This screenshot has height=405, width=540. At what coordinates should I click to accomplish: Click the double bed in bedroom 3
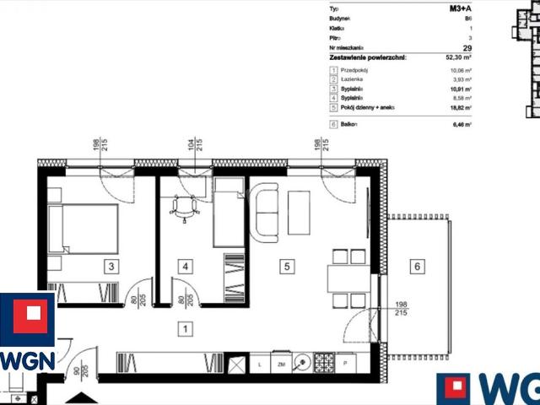click(x=83, y=229)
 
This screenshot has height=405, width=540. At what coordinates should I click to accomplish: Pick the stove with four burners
click(x=323, y=364)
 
